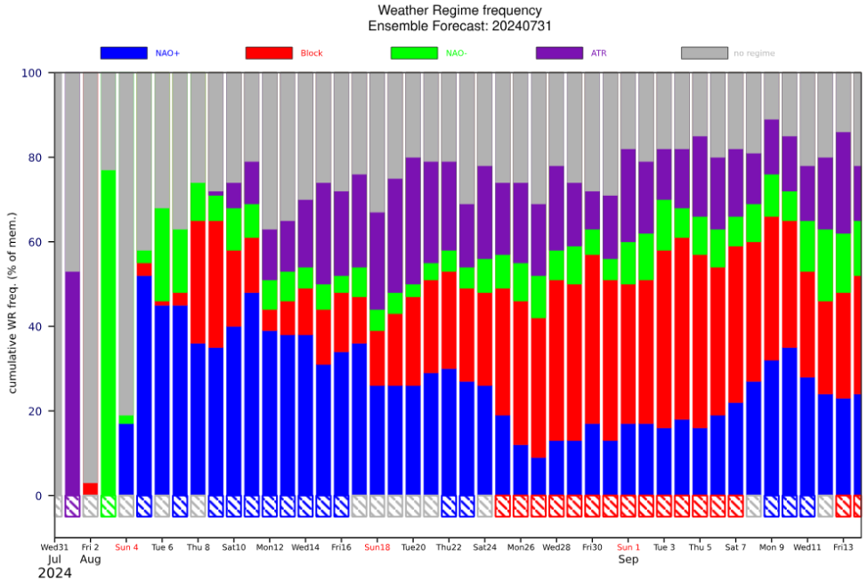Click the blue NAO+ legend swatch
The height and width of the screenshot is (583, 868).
tap(124, 53)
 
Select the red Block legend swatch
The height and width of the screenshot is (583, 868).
tap(269, 53)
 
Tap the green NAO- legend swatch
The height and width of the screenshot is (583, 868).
tap(414, 53)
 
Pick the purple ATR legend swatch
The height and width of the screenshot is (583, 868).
tap(559, 53)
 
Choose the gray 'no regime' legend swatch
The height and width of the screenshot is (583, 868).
tap(704, 53)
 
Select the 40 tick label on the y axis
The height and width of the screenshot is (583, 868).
tap(35, 327)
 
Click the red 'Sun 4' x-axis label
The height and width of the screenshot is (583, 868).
tap(126, 547)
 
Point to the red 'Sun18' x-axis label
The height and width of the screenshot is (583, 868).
tap(377, 547)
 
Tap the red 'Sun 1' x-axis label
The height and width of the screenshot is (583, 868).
tap(629, 547)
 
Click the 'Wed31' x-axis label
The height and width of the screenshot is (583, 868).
tap(54, 547)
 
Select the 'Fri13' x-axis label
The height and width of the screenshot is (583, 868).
tap(844, 547)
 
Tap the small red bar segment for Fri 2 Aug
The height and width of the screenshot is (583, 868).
tap(91, 490)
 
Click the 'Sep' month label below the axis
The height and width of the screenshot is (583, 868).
tap(629, 560)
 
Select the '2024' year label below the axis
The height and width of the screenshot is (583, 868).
tap(54, 574)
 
